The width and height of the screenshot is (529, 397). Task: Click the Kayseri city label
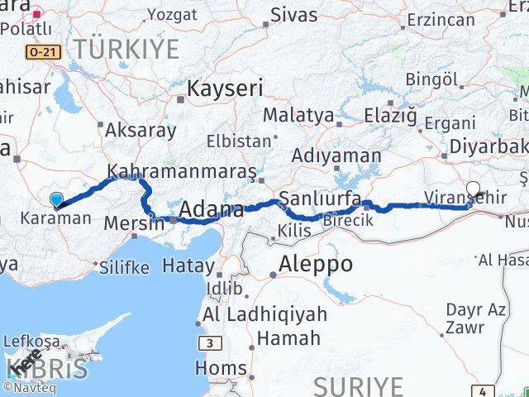[x=225, y=88]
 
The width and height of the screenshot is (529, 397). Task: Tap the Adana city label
[x=212, y=209]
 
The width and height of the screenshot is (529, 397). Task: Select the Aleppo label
[x=316, y=265]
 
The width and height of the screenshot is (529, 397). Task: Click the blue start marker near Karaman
[x=55, y=199]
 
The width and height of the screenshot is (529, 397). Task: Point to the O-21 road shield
[x=45, y=52]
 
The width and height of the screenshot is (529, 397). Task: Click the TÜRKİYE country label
[x=126, y=48]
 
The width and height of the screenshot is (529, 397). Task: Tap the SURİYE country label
[x=360, y=385]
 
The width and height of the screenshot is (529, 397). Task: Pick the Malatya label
[x=298, y=116]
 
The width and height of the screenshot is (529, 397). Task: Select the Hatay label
[x=188, y=266]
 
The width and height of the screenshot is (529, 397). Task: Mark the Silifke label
[x=124, y=267]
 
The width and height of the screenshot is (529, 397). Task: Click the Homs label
[x=225, y=367]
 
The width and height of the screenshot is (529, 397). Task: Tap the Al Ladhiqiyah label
[x=264, y=314]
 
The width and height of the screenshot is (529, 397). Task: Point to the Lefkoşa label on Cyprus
[x=31, y=341]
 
